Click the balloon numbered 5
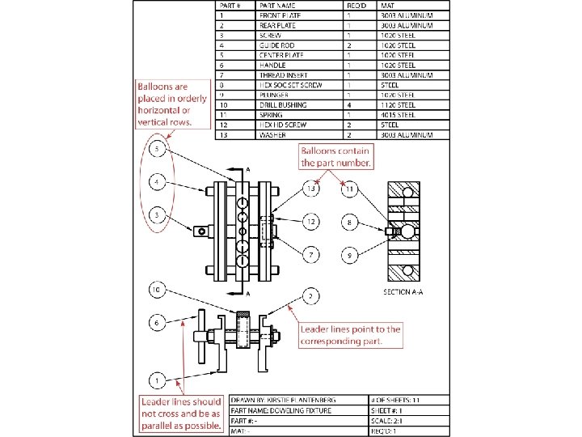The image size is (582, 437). [157, 151]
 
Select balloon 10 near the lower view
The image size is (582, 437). [157, 289]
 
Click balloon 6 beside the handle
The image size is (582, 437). [157, 323]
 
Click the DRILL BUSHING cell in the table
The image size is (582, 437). [283, 104]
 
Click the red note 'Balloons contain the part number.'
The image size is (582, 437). [336, 156]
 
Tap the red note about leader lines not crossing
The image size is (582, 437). [181, 414]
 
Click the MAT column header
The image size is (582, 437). [387, 6]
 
